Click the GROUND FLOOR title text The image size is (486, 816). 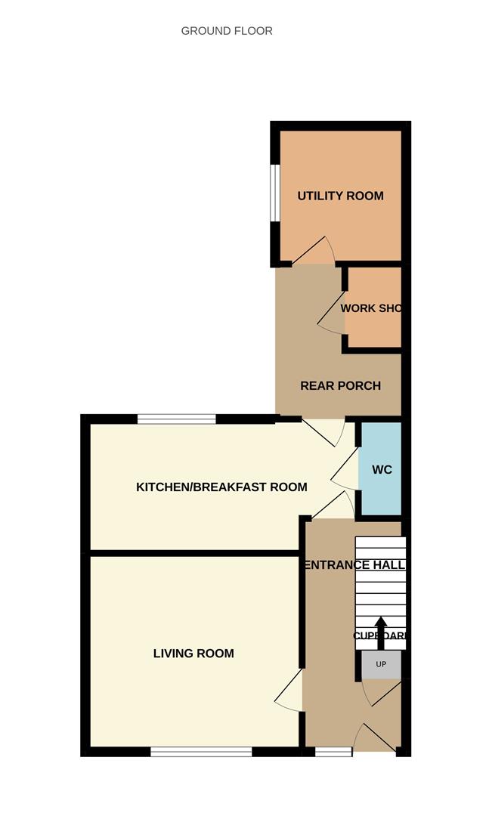[227, 31]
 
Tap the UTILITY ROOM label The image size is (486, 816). [340, 196]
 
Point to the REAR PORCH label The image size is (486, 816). [340, 385]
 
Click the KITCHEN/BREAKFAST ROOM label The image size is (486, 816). [221, 487]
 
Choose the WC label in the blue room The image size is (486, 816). [382, 469]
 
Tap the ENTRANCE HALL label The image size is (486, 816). [354, 565]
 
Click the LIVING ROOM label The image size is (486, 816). [193, 654]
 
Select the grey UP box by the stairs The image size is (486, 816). [381, 665]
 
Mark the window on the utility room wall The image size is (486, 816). [276, 193]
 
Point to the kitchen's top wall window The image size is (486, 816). [177, 419]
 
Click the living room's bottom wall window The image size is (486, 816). [201, 751]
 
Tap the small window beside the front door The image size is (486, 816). [333, 751]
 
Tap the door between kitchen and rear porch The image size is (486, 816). [325, 432]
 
